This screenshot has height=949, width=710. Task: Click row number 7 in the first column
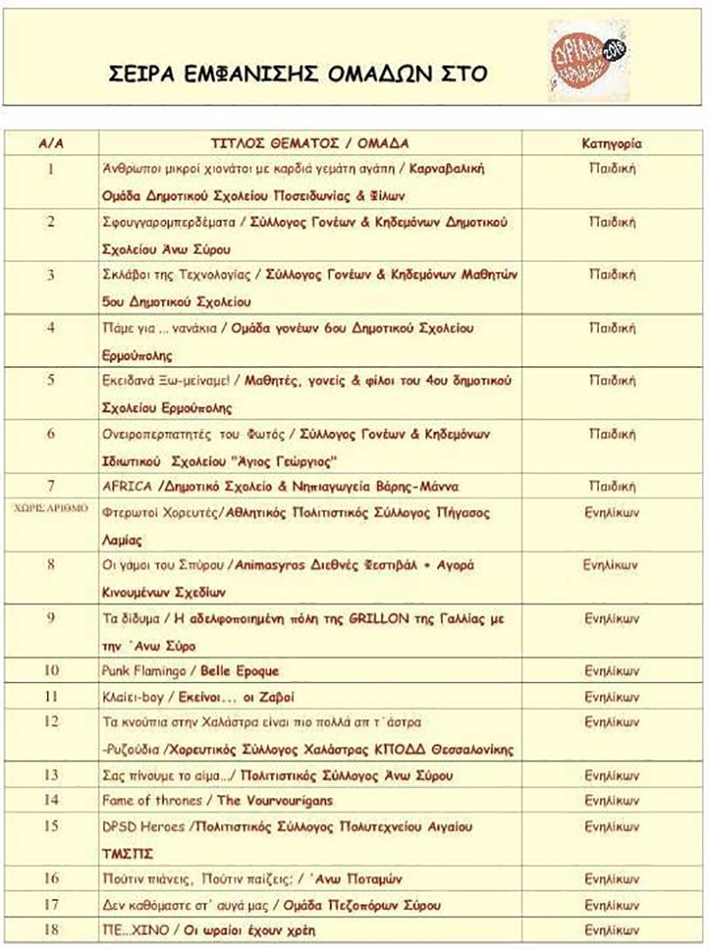point(51,486)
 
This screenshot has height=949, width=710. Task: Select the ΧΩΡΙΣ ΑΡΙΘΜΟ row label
point(51,510)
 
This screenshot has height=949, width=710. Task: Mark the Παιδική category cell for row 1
point(612,167)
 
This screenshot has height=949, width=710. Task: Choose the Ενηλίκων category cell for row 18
point(612,931)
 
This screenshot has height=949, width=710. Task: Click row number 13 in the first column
point(51,775)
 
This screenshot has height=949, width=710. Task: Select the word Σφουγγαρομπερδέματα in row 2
point(169,220)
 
